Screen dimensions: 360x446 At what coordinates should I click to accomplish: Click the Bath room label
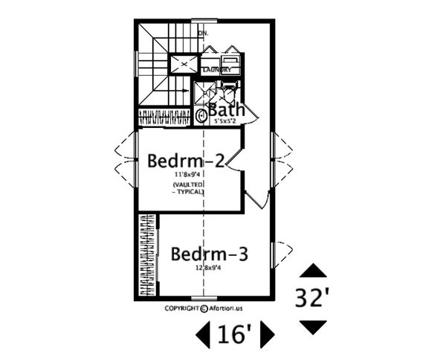click(x=226, y=109)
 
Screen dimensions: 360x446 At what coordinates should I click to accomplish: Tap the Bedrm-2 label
click(x=185, y=160)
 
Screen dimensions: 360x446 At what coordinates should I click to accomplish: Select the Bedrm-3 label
click(x=209, y=254)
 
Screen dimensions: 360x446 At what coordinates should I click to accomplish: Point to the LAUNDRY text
click(x=217, y=70)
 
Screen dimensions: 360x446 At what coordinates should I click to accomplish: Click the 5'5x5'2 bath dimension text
click(x=226, y=120)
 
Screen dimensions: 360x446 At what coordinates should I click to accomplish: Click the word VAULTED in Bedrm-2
click(x=189, y=184)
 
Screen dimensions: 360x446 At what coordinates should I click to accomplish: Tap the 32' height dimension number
click(x=313, y=298)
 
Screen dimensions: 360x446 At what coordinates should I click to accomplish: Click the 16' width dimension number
click(x=235, y=336)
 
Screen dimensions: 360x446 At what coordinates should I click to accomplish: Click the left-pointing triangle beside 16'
click(x=202, y=335)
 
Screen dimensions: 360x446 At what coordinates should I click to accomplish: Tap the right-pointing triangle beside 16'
click(x=268, y=335)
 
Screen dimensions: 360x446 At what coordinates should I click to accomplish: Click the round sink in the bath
click(x=202, y=116)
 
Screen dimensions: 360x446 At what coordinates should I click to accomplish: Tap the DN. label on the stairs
click(x=203, y=33)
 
